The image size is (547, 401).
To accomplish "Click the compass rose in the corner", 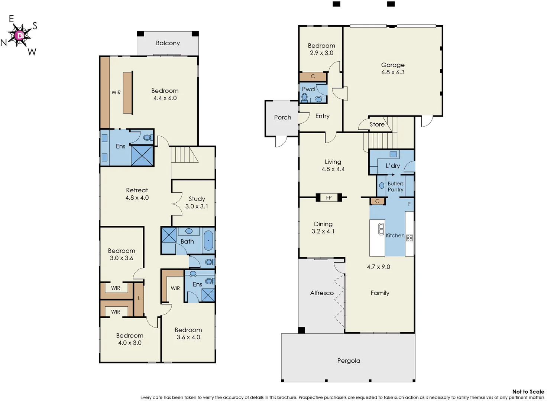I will pos(20,36).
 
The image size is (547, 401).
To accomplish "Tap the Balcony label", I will pos(168,43).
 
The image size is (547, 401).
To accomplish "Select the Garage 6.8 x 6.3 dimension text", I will pos(393,72).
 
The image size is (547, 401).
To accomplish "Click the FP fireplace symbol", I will pos(329,198).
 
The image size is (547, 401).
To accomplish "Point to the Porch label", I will pos(282,117).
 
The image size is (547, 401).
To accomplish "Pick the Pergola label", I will pos(349,361).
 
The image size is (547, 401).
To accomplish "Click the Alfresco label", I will pos(322,293).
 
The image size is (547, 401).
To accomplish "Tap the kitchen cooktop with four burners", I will pos(410,238).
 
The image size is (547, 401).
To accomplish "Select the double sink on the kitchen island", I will pos(381,229).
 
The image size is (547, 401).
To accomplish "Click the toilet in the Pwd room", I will pos(305,97).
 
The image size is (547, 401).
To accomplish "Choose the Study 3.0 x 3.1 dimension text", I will pos(197,206).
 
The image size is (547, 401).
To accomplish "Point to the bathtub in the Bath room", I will pos(208,241).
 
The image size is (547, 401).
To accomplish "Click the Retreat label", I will pos(137,190).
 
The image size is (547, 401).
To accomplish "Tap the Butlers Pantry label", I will pos(395,186).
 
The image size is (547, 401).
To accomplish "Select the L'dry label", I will pos(392,166).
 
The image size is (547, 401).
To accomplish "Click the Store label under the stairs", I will pos(377,124).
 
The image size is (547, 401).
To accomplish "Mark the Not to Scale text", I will pos(528,391).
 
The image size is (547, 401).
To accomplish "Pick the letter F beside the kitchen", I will pos(410,204).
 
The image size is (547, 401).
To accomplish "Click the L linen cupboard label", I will pos(139,298).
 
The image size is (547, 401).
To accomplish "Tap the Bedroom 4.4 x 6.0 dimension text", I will pos(165,98).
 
